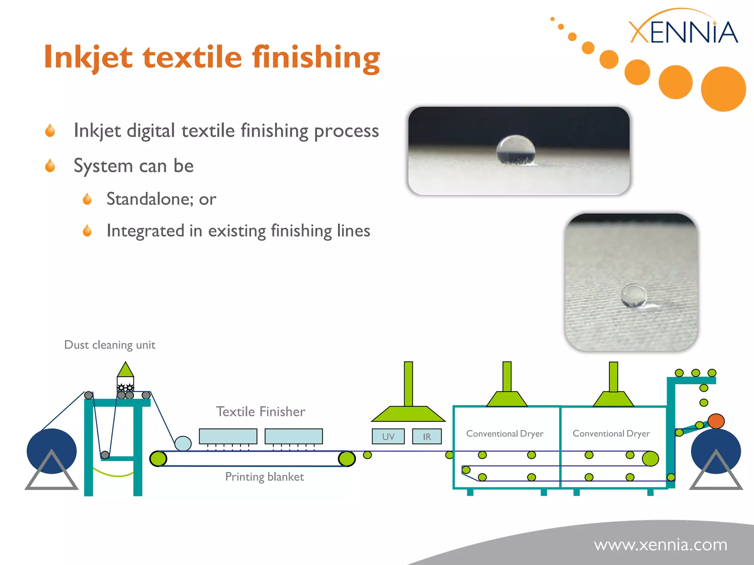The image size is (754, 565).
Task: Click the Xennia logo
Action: pyautogui.click(x=683, y=31)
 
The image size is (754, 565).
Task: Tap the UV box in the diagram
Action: pyautogui.click(x=388, y=437)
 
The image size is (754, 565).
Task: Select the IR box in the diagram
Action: pyautogui.click(x=427, y=437)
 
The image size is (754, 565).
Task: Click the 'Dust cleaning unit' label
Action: pyautogui.click(x=110, y=345)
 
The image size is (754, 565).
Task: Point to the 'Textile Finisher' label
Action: pyautogui.click(x=260, y=412)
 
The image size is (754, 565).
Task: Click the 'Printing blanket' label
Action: pyautogui.click(x=264, y=477)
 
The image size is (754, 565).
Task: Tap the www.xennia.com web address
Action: pyautogui.click(x=660, y=545)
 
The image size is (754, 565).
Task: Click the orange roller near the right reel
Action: pyautogui.click(x=716, y=421)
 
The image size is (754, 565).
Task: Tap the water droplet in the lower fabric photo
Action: pyautogui.click(x=633, y=295)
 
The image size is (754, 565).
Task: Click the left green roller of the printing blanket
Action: pyautogui.click(x=158, y=459)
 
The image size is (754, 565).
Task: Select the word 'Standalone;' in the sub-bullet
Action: pyautogui.click(x=149, y=199)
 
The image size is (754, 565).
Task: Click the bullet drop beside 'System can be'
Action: pyautogui.click(x=50, y=166)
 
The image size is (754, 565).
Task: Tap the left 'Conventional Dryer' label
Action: pyautogui.click(x=504, y=434)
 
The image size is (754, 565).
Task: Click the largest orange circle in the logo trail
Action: pyautogui.click(x=723, y=89)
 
